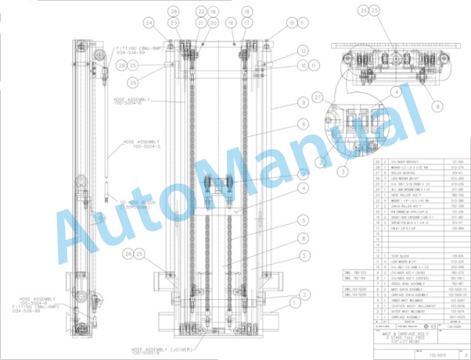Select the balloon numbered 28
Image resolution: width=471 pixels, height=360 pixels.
(174, 12)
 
